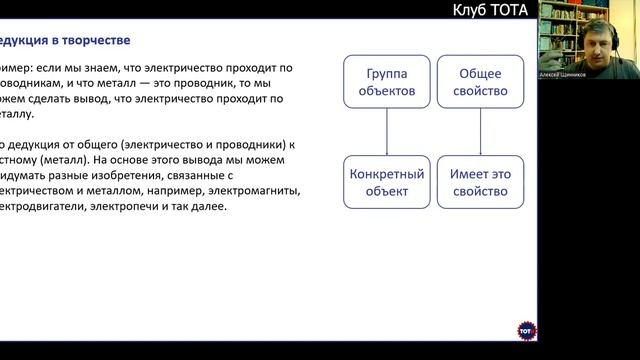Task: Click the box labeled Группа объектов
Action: pos(386,83)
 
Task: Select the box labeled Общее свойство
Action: pos(479,83)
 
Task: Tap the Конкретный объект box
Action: pos(386,182)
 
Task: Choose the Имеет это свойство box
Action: pos(479,182)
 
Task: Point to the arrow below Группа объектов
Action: pos(386,133)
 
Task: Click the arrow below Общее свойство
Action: pos(479,133)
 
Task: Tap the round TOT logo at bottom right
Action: pos(526,330)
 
